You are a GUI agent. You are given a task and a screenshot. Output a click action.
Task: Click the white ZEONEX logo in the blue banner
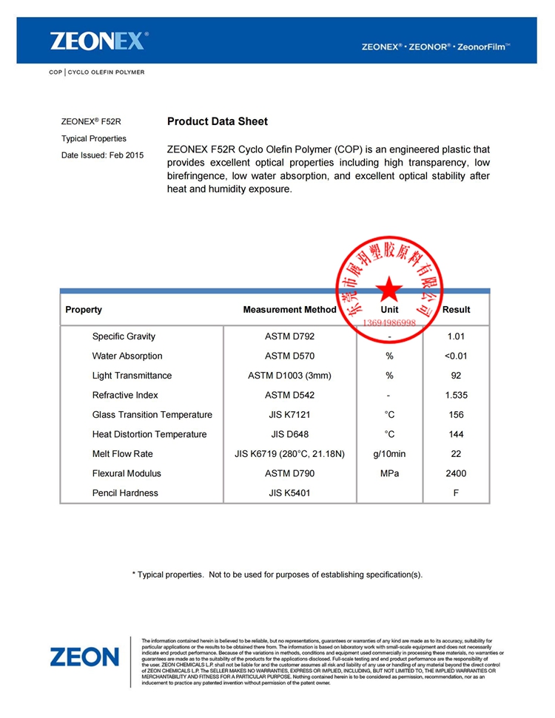(99, 40)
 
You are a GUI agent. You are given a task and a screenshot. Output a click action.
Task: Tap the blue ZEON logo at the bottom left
(84, 657)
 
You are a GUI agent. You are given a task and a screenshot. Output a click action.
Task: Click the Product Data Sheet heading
(218, 121)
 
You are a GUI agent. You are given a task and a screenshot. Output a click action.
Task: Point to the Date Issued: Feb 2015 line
(102, 155)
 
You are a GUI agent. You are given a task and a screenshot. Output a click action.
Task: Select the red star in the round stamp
(388, 291)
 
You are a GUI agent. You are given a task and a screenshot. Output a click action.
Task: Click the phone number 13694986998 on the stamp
(389, 323)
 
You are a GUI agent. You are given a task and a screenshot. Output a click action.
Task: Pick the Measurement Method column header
(289, 310)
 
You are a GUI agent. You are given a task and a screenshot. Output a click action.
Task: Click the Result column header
(456, 310)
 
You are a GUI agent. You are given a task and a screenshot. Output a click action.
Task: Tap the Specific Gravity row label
(124, 336)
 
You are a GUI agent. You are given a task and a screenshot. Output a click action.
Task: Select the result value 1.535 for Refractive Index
(456, 395)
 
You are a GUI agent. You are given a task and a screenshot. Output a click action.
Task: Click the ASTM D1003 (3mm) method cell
(289, 376)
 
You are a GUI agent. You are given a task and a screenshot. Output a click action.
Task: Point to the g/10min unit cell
(389, 454)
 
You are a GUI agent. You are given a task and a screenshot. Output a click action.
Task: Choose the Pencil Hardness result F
(456, 493)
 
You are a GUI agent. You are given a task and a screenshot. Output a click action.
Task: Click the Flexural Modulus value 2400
(456, 473)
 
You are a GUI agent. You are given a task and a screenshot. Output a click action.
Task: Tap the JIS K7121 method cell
(289, 415)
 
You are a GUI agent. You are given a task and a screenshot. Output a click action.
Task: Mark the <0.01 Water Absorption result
(456, 356)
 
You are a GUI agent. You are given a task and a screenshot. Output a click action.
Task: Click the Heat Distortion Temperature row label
(149, 434)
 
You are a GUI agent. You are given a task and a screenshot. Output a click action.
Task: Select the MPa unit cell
(389, 473)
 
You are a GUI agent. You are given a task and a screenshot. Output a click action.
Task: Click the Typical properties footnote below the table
(277, 575)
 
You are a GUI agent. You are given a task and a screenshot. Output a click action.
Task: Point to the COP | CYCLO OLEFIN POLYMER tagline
(97, 72)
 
